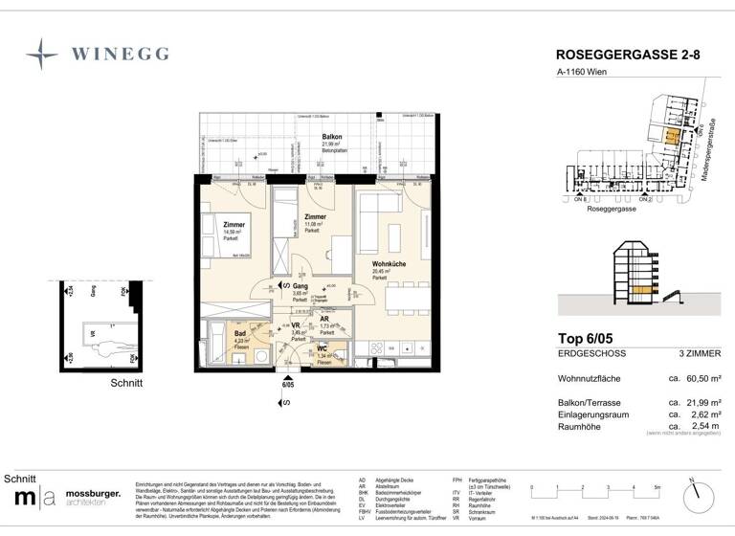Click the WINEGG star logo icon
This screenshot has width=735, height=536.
pos(42,55)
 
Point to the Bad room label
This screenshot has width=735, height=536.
pos(240,333)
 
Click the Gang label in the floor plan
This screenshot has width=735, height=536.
pos(299,286)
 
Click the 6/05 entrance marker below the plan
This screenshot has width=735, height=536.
pos(285,385)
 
